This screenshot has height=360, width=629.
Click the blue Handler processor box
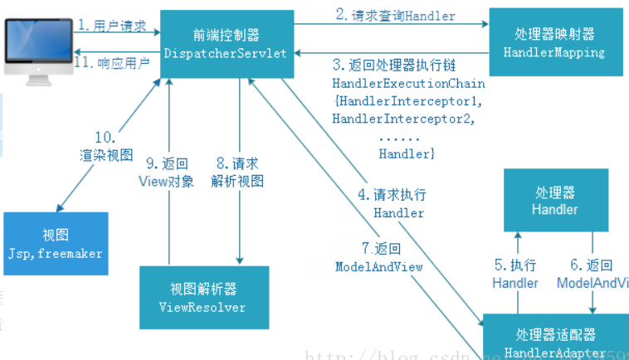555,200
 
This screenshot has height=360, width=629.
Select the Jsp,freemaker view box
55,242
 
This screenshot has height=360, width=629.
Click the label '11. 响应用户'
112,62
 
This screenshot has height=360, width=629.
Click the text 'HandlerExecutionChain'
408,84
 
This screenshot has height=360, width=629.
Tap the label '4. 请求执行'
392,196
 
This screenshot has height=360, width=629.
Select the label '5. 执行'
514,265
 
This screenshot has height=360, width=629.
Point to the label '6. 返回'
591,265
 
